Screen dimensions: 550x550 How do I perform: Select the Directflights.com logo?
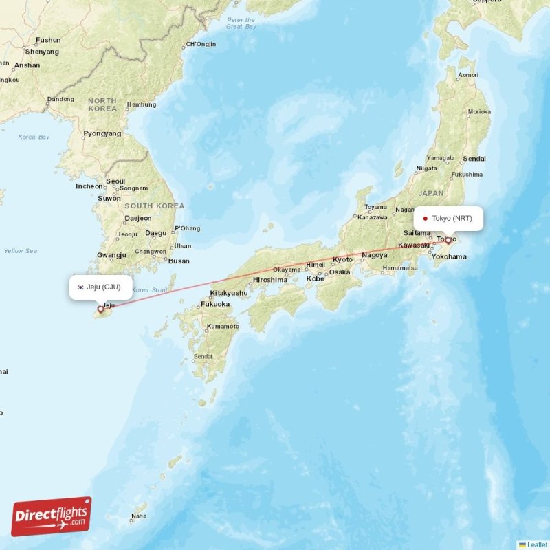[52, 516]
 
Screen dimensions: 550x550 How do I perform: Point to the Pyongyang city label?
[102, 133]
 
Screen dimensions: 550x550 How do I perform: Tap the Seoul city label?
[115, 181]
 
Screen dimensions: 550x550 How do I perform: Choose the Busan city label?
[179, 261]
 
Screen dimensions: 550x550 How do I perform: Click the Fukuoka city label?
[215, 303]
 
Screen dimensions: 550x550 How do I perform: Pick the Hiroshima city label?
[269, 280]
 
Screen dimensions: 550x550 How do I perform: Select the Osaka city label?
[339, 272]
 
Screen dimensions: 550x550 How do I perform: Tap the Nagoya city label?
[375, 255]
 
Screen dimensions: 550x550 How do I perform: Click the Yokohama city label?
[450, 256]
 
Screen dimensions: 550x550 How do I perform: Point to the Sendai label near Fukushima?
[474, 159]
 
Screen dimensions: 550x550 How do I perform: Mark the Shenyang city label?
[42, 52]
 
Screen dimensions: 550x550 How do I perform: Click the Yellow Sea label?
[20, 251]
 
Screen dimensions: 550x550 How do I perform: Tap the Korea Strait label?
[149, 290]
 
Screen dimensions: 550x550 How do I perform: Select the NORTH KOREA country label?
[102, 104]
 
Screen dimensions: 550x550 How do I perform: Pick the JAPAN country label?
[431, 193]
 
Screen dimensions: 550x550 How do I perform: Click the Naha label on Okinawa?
[139, 516]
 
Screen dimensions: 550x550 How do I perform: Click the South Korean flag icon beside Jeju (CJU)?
[80, 287]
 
